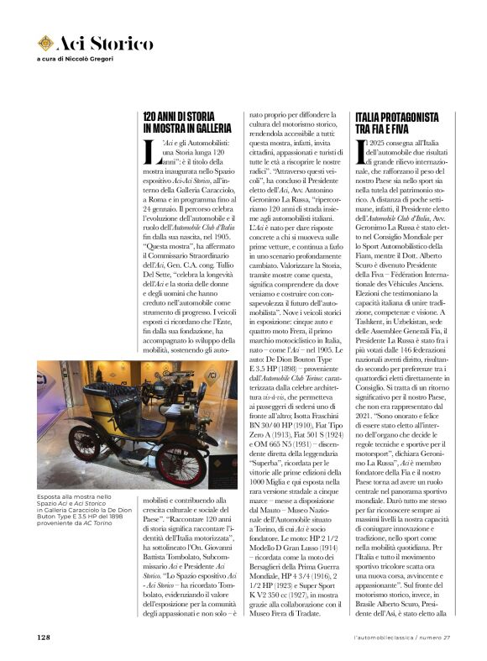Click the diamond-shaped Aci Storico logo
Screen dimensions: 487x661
click(x=45, y=42)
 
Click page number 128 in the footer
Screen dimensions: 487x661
click(x=45, y=637)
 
